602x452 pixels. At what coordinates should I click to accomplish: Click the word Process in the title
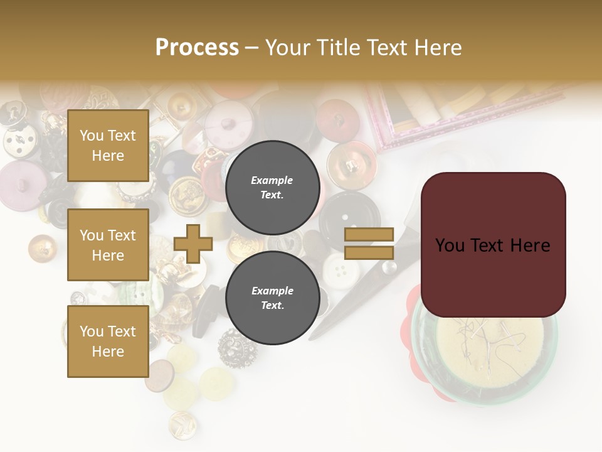(197, 47)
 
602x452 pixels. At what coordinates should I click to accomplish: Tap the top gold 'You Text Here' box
(108, 146)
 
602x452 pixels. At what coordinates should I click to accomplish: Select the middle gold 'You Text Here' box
(108, 245)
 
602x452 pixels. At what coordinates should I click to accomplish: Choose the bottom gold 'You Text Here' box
(108, 342)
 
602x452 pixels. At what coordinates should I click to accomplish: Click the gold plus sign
(193, 244)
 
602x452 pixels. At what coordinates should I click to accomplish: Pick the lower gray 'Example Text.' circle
(272, 298)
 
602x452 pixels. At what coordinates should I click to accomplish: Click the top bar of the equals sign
(369, 234)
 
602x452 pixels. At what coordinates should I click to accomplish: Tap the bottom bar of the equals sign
(369, 253)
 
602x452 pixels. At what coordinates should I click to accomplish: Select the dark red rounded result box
(493, 245)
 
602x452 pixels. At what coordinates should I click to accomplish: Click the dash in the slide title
(251, 48)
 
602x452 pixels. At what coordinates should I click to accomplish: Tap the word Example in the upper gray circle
(272, 180)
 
